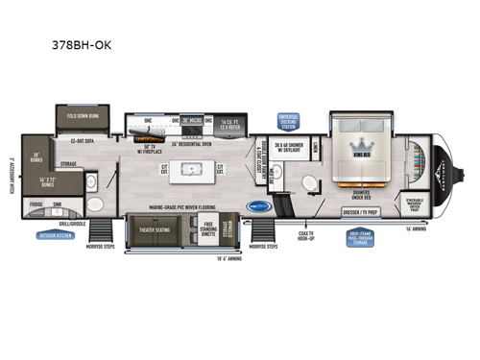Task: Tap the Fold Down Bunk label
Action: (x=86, y=121)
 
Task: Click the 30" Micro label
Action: (x=195, y=122)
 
